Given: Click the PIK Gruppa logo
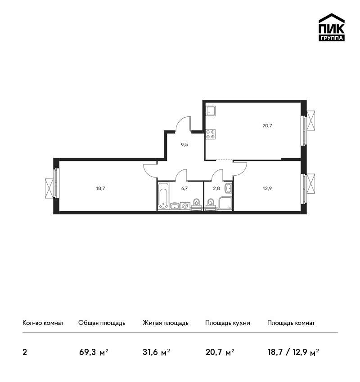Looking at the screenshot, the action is click(332, 27).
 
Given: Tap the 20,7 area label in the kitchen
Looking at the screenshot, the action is click(267, 126).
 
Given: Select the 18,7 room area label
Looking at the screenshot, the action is click(100, 188).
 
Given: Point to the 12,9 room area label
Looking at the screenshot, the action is click(267, 188).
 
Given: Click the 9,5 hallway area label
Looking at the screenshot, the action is click(184, 144).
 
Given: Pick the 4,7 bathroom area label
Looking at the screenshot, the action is click(184, 188).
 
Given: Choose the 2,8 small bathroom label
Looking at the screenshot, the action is click(216, 188).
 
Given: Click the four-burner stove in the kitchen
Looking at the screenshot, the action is click(211, 134).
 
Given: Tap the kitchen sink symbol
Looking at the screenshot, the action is click(211, 111).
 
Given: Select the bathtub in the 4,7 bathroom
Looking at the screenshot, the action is click(163, 195).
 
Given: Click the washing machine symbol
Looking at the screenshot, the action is click(185, 206).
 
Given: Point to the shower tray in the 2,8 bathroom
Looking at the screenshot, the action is click(225, 203).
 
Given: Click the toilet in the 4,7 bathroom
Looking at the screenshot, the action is click(196, 204).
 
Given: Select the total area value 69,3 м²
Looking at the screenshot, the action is click(94, 352).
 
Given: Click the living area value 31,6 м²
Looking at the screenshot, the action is click(156, 352).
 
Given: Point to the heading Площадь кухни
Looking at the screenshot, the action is click(228, 323).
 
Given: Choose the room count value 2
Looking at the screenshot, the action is click(25, 352).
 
